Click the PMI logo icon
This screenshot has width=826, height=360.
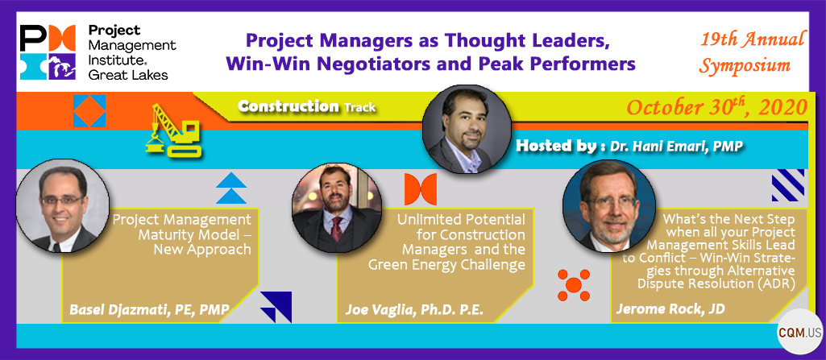coord(48,52)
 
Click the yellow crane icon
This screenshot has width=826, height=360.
coord(173,130)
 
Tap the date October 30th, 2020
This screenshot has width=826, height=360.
coord(717,107)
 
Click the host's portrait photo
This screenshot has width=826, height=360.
coord(467,129)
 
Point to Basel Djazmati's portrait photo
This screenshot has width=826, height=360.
coord(63,206)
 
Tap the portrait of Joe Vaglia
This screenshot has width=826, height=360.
coord(337,207)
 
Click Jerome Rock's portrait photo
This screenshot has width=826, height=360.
coord(609,205)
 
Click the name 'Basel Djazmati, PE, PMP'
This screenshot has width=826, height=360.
coord(149,309)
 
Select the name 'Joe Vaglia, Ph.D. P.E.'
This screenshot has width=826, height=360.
coord(414,309)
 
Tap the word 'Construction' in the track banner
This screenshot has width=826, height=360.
coord(288,106)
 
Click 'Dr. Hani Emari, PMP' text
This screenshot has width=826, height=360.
coord(670,147)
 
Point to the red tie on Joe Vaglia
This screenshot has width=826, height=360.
coord(336,228)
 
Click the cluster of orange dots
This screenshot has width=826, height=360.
coord(574,285)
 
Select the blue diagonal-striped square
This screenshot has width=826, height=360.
coord(788,185)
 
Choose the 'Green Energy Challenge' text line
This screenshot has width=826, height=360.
coord(446,264)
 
